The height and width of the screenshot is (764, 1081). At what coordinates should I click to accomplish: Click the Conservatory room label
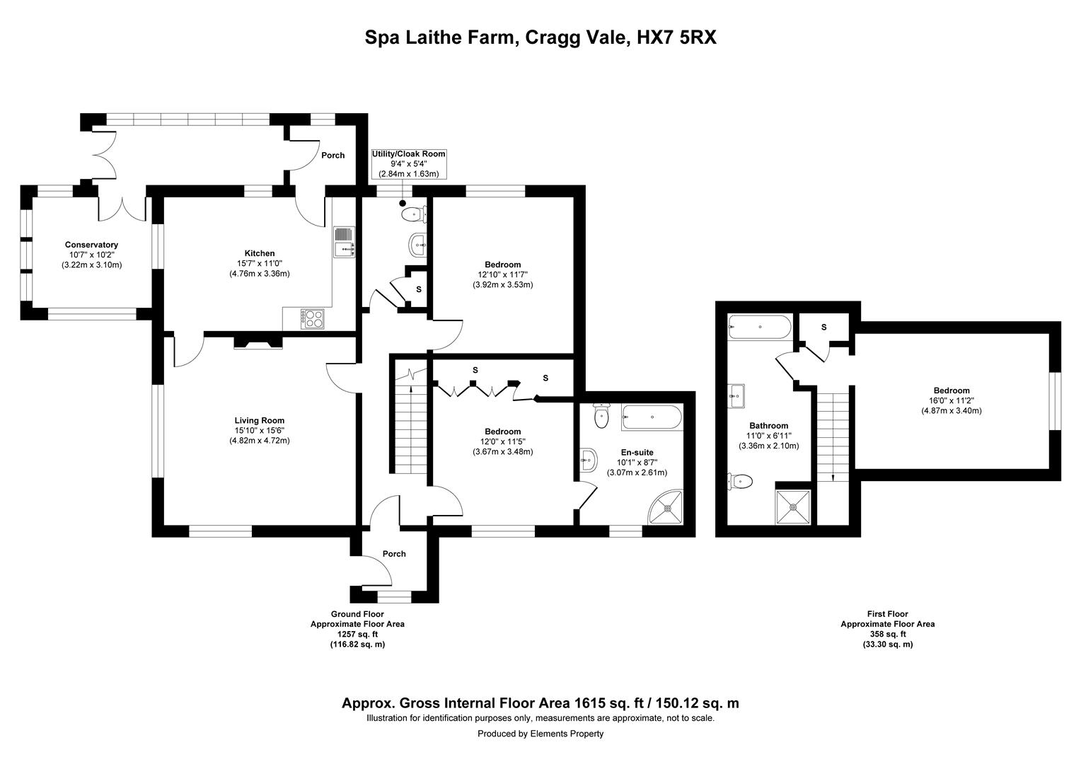tap(91, 245)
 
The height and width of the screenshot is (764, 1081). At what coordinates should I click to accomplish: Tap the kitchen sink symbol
tap(343, 242)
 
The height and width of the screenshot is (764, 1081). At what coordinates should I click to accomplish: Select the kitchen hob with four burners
tap(312, 318)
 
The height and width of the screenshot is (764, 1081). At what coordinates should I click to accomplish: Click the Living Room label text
tap(259, 420)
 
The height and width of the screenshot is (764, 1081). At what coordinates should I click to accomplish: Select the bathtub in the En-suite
tap(652, 417)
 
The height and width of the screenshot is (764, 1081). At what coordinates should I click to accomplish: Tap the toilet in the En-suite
tap(601, 416)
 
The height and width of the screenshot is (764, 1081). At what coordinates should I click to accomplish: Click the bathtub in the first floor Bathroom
tap(758, 327)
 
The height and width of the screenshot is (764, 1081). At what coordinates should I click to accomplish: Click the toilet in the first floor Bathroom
tap(739, 482)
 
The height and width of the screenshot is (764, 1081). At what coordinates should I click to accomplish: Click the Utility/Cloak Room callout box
tap(409, 163)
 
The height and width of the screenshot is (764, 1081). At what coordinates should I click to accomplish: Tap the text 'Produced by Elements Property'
tap(540, 734)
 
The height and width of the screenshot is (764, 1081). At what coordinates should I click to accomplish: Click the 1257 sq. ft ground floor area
tap(357, 635)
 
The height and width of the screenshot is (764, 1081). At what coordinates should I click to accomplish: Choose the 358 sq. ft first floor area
tap(887, 634)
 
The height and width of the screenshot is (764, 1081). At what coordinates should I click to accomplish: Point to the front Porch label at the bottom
tap(394, 554)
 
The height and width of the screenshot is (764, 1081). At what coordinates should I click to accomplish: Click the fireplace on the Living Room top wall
tap(258, 343)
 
